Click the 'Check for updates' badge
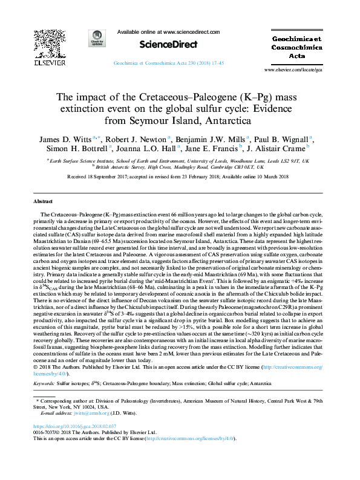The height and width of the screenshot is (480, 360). [96, 39]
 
